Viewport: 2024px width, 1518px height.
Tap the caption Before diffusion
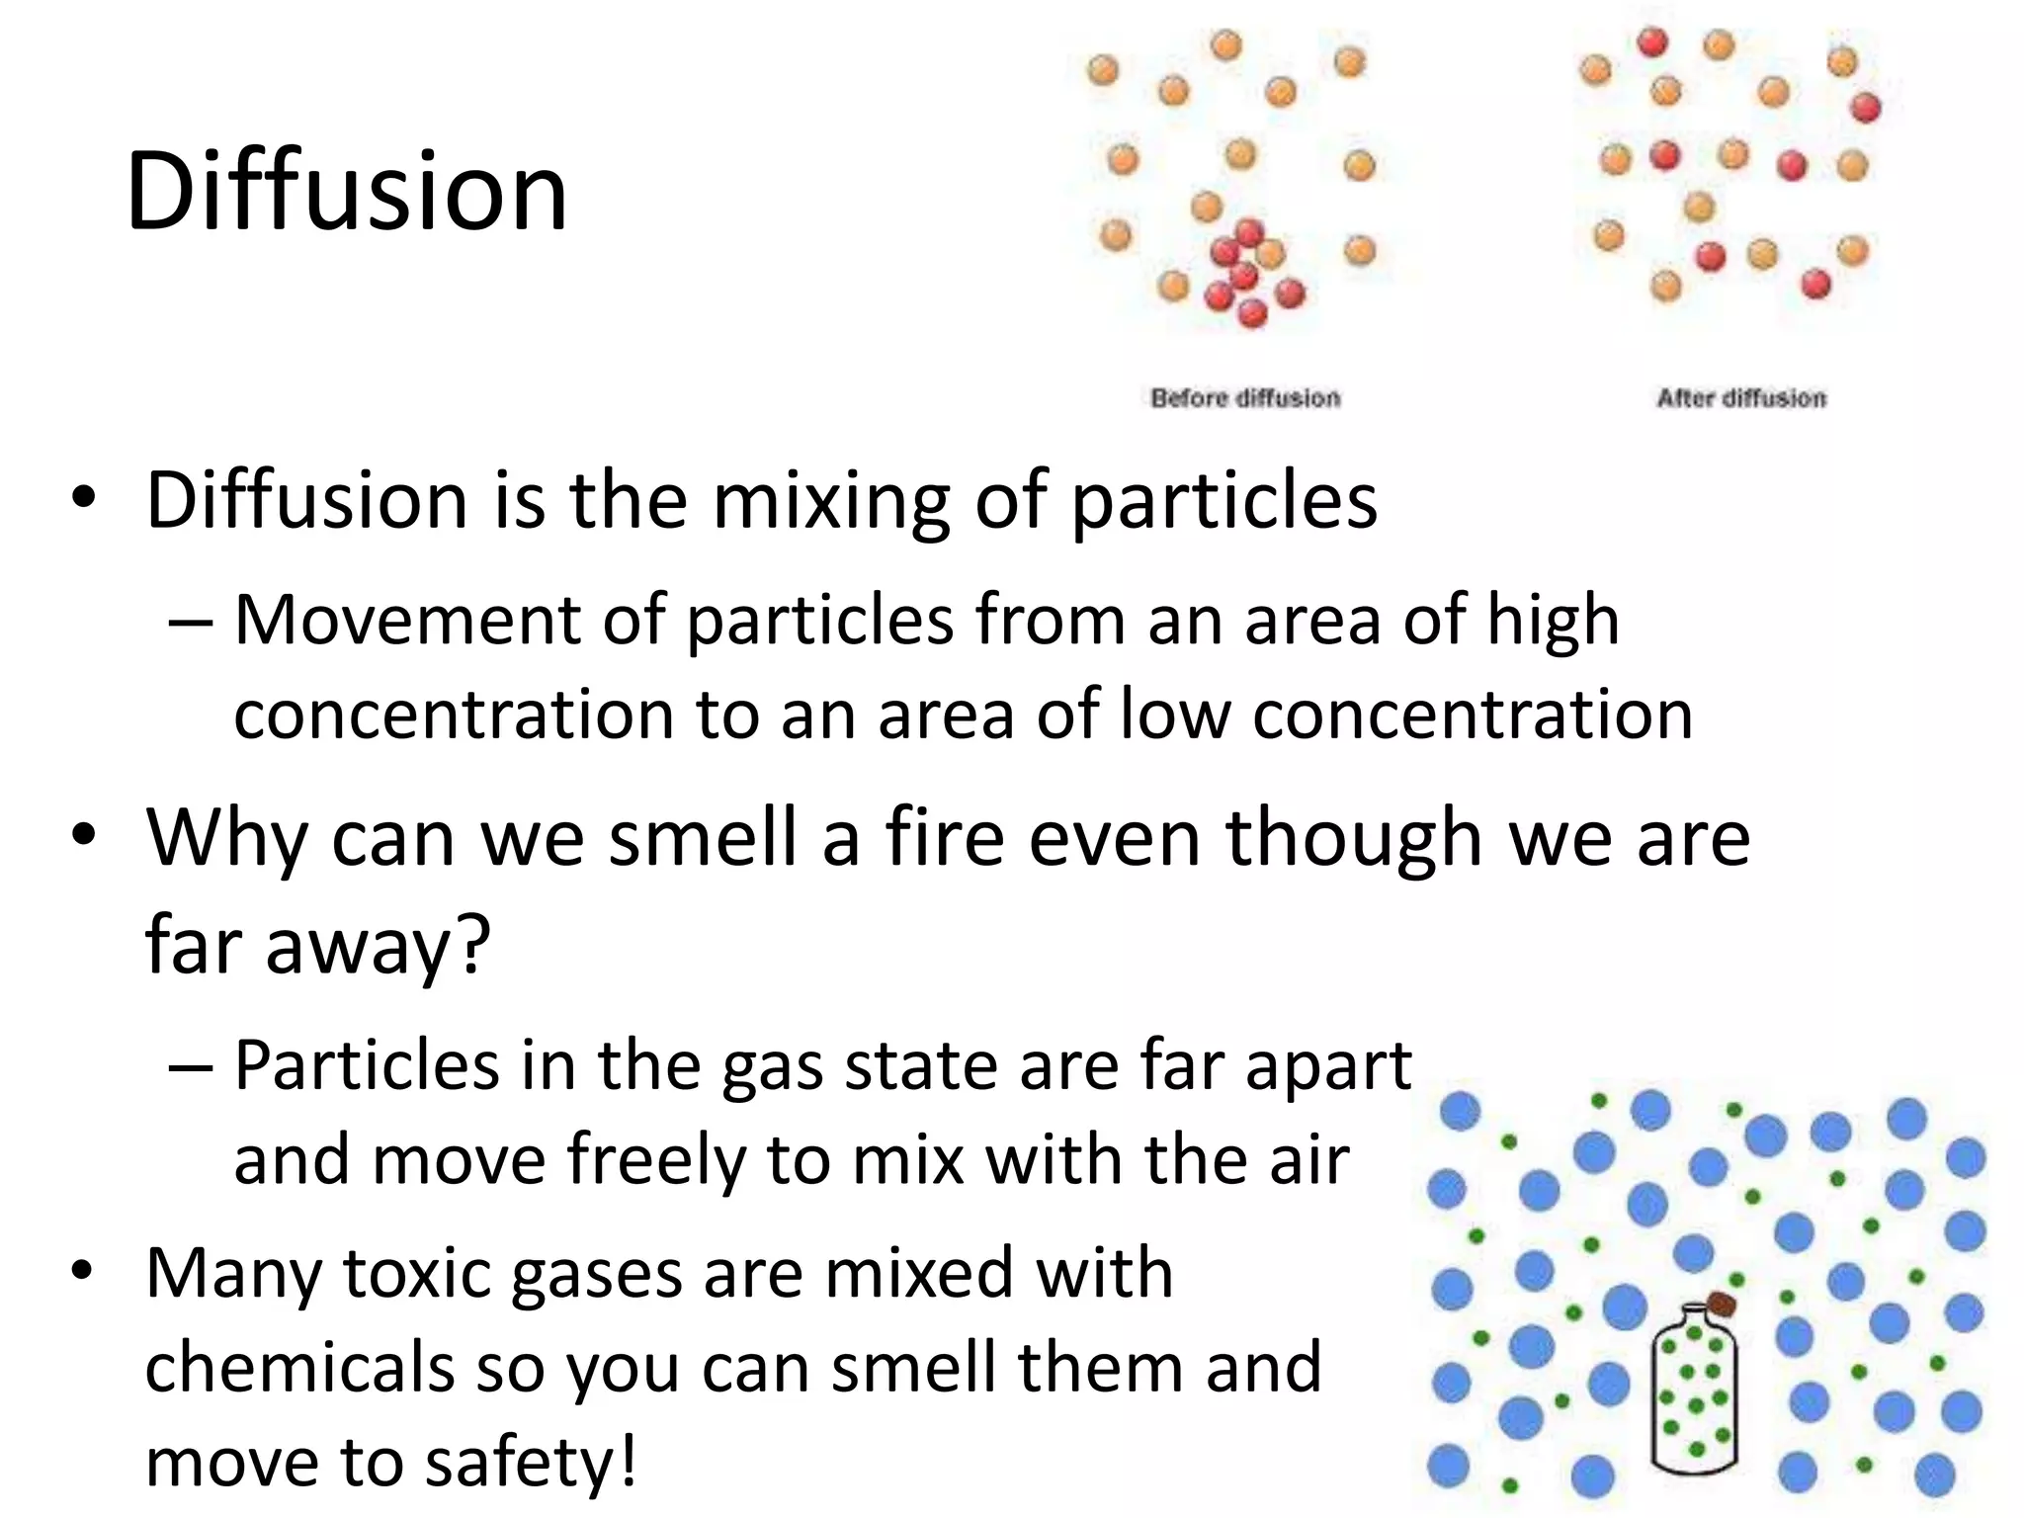click(1245, 398)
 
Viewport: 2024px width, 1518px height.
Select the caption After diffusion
click(1741, 398)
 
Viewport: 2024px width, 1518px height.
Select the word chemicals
click(299, 1368)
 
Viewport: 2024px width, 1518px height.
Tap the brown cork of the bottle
click(1721, 1305)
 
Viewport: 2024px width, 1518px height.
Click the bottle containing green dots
click(1694, 1393)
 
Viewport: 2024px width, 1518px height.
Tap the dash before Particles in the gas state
click(190, 1068)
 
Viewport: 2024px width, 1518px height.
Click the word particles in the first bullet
click(1224, 501)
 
